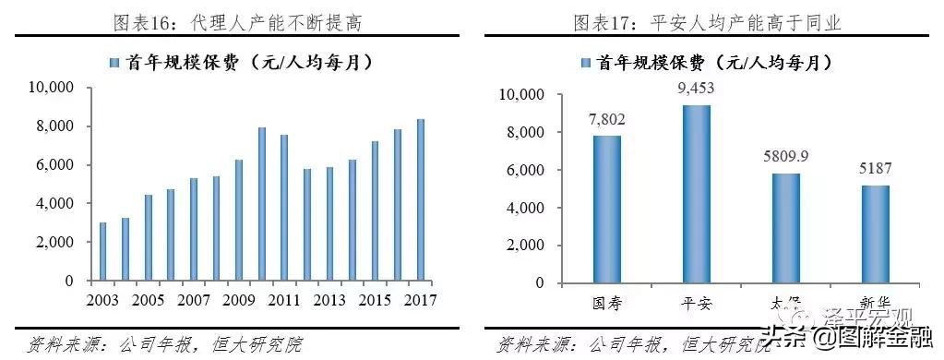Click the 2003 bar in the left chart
tap(102, 251)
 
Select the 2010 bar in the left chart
tap(261, 204)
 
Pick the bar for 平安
tap(697, 193)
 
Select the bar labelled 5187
tap(876, 233)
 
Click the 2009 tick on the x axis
tap(238, 300)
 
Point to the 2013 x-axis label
tap(329, 300)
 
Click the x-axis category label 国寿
tap(607, 304)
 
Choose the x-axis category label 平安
tap(697, 304)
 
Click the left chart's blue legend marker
tap(114, 63)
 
